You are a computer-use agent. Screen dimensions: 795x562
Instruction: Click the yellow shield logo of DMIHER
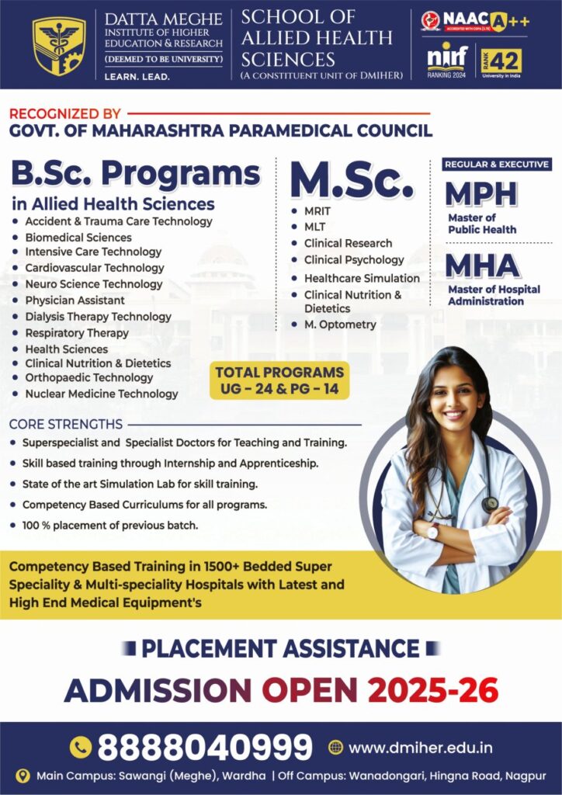[59, 45]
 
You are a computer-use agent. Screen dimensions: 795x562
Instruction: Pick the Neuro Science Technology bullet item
[93, 284]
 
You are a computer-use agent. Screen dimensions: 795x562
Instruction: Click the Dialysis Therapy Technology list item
[98, 317]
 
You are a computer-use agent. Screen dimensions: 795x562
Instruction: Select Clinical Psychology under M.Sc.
[353, 260]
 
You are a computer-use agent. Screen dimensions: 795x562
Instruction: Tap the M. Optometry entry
[339, 325]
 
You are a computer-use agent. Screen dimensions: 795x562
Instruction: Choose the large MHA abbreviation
[482, 266]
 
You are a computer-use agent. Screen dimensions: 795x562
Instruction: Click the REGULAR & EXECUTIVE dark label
[497, 165]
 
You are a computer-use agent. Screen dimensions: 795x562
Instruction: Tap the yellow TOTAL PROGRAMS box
[279, 380]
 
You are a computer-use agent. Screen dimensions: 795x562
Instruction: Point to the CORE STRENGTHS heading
[66, 425]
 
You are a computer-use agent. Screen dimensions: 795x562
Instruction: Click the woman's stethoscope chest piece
[490, 504]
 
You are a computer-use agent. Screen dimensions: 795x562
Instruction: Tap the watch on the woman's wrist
[432, 531]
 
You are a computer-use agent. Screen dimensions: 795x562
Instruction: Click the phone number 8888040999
[204, 748]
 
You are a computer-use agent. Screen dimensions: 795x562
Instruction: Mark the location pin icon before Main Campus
[23, 776]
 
